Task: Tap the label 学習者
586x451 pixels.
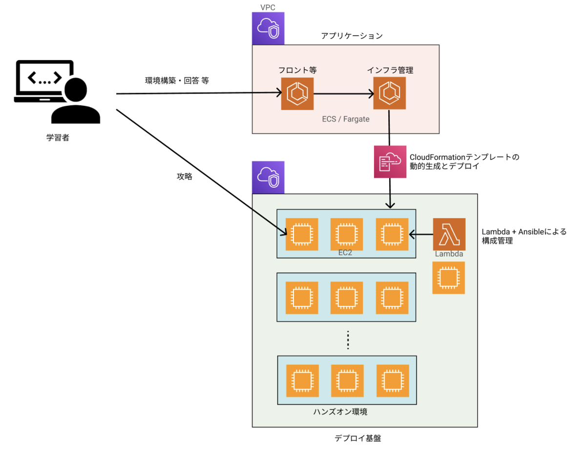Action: point(58,138)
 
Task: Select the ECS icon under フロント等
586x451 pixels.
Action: point(297,94)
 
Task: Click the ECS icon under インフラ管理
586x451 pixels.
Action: point(389,94)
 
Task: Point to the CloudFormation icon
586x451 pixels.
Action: point(390,162)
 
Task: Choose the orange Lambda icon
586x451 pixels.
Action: point(449,235)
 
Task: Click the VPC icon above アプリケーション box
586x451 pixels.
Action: point(268,28)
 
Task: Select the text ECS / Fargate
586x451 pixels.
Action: point(346,118)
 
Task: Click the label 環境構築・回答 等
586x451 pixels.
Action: point(177,81)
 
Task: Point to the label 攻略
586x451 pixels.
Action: point(184,177)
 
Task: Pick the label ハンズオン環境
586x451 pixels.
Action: point(340,412)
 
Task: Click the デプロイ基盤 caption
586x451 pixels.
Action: point(357,438)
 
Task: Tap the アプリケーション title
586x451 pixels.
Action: point(352,36)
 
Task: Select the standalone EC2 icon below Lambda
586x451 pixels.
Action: point(448,278)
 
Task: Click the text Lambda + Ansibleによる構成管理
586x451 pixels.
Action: point(523,236)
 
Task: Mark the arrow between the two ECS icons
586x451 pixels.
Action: point(343,94)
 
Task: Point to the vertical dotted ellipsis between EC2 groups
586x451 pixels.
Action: point(348,340)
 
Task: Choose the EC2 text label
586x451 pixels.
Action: point(346,254)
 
